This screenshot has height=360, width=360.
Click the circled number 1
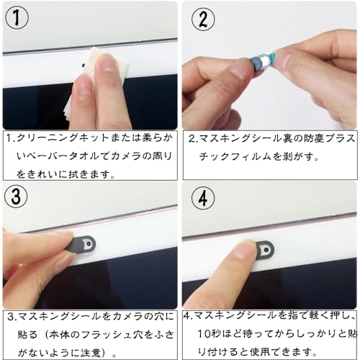coord(17,18)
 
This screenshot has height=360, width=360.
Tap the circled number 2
coord(203,19)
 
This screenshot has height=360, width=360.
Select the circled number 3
coord(16,196)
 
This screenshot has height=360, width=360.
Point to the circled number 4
coord(203,198)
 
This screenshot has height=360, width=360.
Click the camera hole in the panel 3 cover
coord(89,243)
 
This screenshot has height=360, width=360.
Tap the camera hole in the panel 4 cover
coord(266,250)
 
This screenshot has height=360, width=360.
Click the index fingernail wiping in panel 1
coord(107,63)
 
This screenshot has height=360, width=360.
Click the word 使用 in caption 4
coord(260,352)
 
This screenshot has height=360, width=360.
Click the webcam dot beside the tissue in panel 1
coord(84,65)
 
